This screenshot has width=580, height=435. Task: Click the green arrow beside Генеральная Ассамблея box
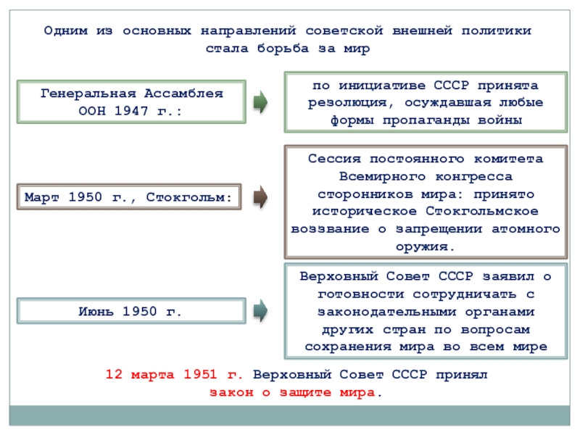tap(260, 102)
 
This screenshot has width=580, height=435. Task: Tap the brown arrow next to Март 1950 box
tap(260, 196)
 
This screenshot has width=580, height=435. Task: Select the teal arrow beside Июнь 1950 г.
tap(260, 311)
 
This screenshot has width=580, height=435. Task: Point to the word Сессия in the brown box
tap(331, 159)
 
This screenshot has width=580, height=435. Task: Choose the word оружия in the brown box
tap(426, 246)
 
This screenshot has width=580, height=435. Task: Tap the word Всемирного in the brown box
tap(376, 176)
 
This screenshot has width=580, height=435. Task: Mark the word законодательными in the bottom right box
tap(386, 311)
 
